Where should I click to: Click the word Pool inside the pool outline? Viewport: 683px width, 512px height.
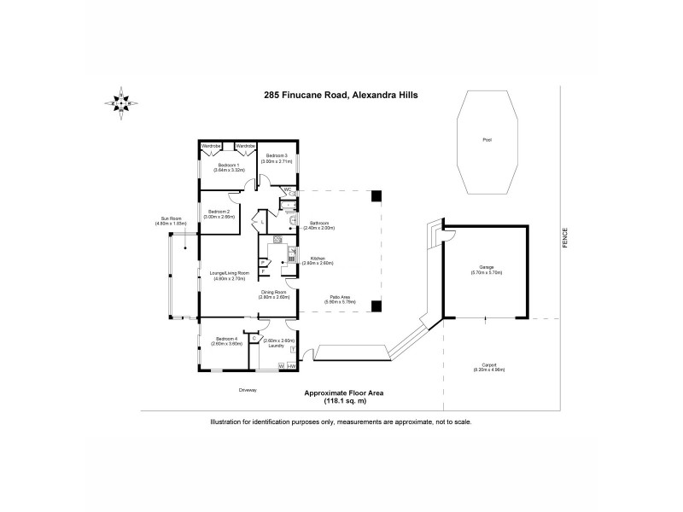point(487,140)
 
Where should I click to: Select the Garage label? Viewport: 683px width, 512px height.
point(486,271)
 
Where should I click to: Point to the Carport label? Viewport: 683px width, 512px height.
point(487,368)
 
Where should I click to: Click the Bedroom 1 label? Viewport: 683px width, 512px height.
point(226,166)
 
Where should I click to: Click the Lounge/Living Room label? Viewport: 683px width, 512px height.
point(230,275)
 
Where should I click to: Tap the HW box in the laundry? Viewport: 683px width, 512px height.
point(291,366)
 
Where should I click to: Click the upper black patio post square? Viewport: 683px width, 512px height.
point(376,195)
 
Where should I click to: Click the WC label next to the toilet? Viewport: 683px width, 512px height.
point(288,189)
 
